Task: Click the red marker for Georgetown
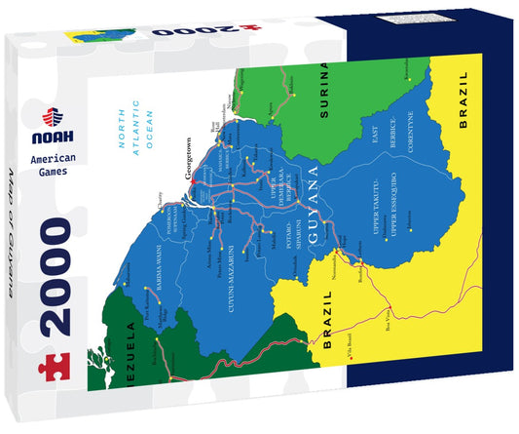click(194, 179)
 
